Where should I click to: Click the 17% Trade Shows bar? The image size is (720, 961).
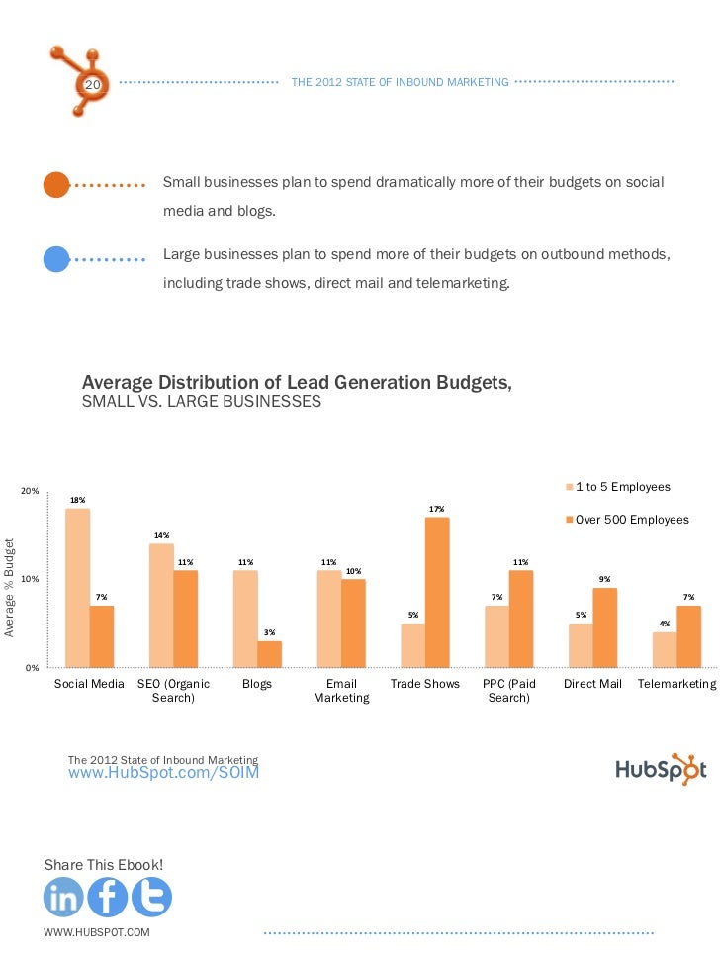point(437,592)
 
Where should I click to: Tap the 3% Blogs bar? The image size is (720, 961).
point(269,654)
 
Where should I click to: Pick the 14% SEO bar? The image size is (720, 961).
point(161,605)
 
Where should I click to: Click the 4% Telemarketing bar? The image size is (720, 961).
point(665,649)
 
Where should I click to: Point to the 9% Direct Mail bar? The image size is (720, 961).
point(605,627)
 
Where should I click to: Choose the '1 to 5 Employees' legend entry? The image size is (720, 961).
point(622,487)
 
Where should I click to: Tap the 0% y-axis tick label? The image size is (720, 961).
point(33,668)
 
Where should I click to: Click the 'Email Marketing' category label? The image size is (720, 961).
point(341,691)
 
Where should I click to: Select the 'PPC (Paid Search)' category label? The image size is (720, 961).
point(508,691)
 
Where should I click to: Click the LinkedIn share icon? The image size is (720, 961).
point(64,898)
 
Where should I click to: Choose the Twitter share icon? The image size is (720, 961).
point(151,898)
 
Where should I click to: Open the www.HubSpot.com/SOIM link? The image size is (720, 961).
point(163,773)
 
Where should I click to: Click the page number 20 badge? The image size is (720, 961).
point(92,86)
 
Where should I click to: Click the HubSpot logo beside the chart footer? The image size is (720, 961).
point(661,769)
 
